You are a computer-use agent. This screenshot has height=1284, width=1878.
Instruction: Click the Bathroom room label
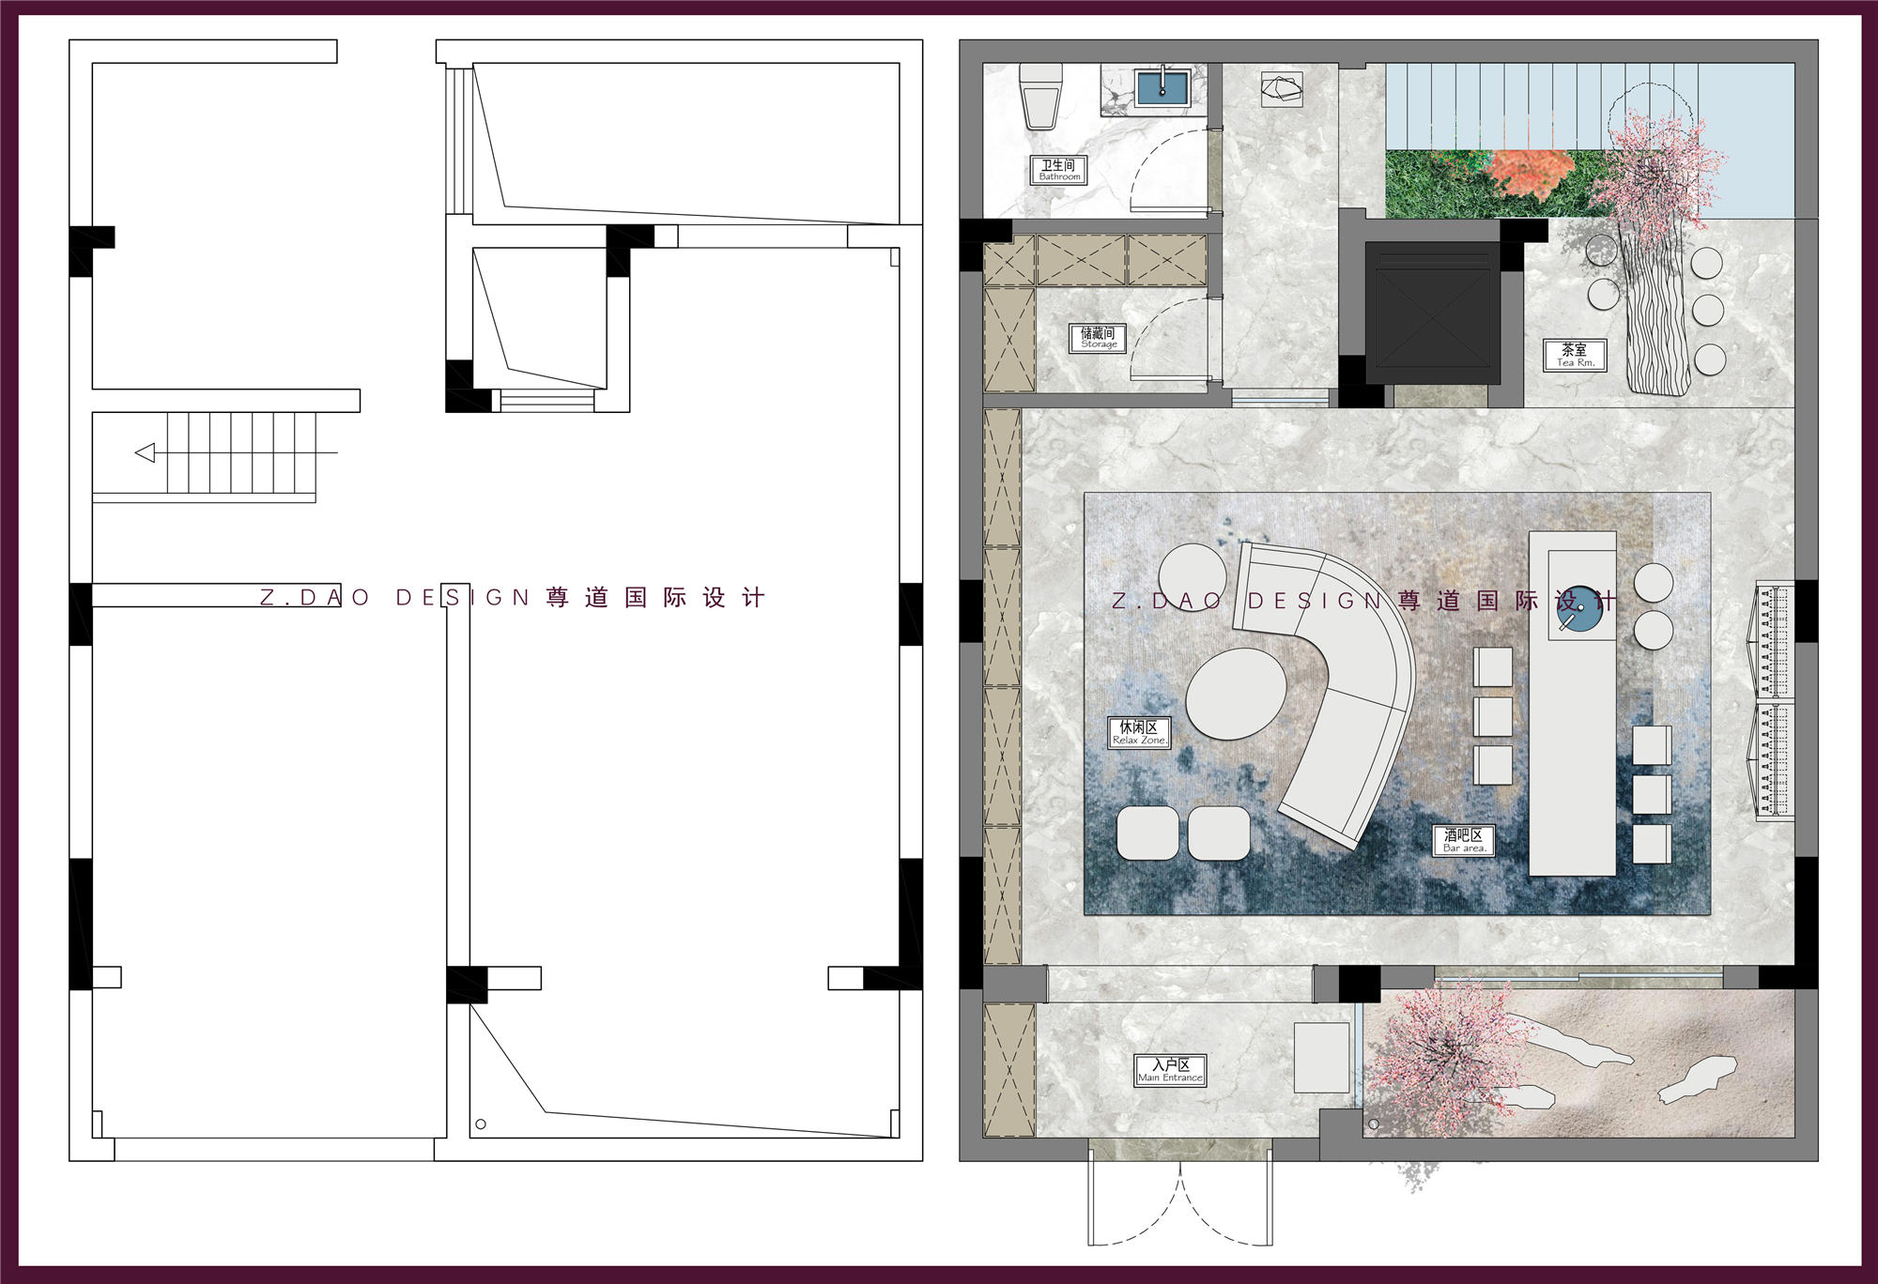click(1059, 170)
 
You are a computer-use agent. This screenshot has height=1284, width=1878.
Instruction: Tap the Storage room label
click(1098, 338)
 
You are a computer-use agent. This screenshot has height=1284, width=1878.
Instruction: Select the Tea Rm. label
click(1575, 356)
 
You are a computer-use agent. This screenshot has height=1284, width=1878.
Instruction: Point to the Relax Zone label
click(1139, 733)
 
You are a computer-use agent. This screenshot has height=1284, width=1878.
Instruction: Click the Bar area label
click(1464, 841)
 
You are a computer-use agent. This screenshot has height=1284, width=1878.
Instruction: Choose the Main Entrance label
click(1170, 1071)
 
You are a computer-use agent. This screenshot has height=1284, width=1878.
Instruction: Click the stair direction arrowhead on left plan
click(146, 453)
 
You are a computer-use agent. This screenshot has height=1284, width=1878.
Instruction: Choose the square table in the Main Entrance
click(1322, 1057)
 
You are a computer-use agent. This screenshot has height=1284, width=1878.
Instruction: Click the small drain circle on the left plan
click(481, 1123)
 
